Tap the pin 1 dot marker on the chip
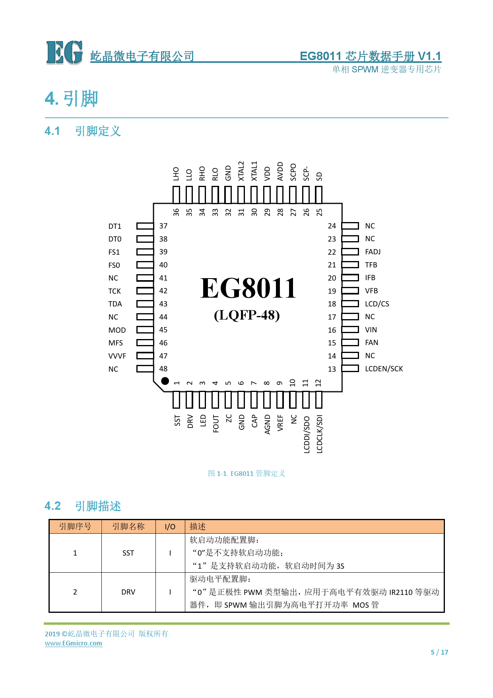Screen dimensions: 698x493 [165, 381]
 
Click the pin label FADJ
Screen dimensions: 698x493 [373, 252]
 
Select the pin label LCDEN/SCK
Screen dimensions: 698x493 [384, 369]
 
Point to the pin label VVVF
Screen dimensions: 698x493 [117, 356]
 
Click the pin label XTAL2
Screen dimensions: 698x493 [241, 171]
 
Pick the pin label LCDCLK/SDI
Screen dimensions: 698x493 [320, 434]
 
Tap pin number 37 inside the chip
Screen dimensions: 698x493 [163, 226]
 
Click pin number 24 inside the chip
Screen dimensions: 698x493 [332, 226]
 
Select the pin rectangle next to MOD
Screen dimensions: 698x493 [145, 330]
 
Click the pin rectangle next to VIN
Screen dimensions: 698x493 [350, 330]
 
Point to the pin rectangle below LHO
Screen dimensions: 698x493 [176, 195]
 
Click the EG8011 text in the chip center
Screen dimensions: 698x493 [248, 288]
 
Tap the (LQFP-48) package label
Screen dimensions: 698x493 [247, 315]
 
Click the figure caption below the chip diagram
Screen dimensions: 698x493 [246, 474]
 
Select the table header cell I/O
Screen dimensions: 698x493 [170, 527]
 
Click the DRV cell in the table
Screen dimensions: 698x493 [128, 592]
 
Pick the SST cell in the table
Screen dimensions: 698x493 [128, 553]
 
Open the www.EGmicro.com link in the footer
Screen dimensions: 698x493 [74, 643]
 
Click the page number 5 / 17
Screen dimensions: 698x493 [439, 652]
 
